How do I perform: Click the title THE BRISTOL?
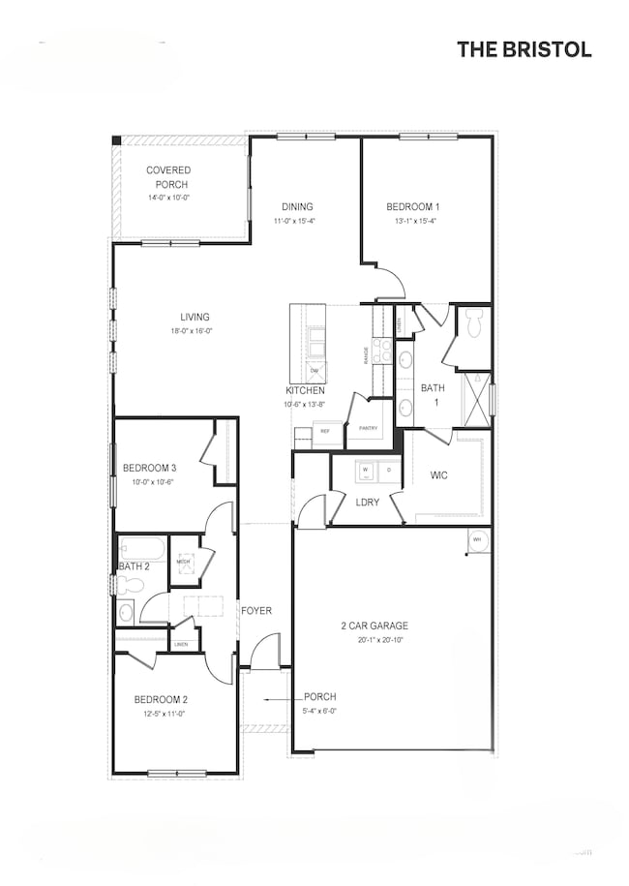(x=524, y=49)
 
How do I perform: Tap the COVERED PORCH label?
(x=168, y=177)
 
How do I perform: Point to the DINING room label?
(x=297, y=206)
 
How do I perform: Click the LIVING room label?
(x=195, y=317)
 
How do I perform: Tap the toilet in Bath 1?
(x=473, y=326)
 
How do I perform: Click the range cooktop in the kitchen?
(x=382, y=355)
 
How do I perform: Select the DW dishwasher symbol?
(x=314, y=371)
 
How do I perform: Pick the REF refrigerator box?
(x=326, y=431)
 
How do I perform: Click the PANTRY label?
(x=368, y=428)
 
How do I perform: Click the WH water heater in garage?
(x=477, y=540)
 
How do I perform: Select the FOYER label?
(x=256, y=611)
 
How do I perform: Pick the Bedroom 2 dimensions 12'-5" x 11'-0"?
(x=161, y=714)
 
